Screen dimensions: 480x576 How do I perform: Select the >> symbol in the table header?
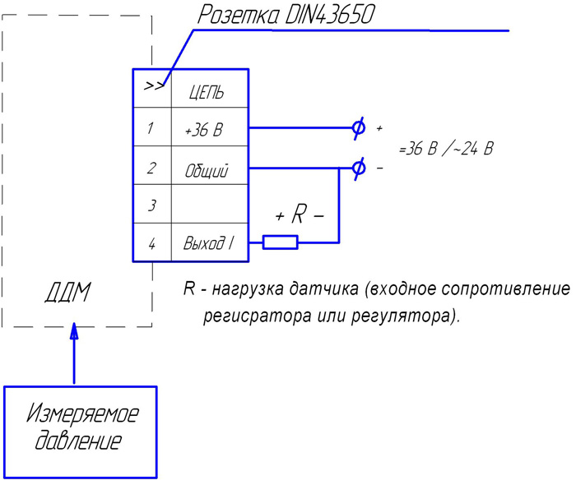[x=152, y=86]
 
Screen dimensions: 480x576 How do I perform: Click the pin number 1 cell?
[x=151, y=128]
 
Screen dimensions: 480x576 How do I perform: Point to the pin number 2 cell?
[x=151, y=168]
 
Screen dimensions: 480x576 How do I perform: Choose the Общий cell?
[x=207, y=170]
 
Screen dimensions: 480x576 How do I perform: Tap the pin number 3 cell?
[x=151, y=205]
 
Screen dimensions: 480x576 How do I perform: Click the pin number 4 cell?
[x=151, y=243]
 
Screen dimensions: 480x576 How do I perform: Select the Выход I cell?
[x=207, y=244]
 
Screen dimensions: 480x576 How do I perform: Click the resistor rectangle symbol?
[x=280, y=242]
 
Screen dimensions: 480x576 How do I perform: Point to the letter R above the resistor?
[x=299, y=215]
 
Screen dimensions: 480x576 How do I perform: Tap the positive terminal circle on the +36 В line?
[x=358, y=128]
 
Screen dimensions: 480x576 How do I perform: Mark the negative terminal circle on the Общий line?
[x=358, y=168]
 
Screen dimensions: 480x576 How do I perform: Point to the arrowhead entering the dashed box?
[x=74, y=331]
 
